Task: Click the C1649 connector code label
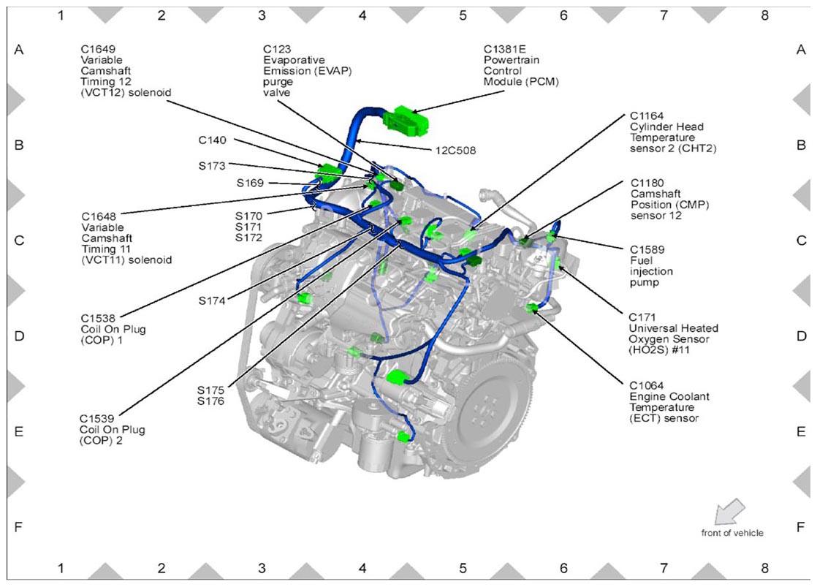tap(97, 50)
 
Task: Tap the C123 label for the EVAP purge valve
tap(277, 49)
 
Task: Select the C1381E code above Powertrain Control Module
tap(505, 49)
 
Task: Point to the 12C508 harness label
tap(455, 151)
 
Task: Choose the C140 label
tap(213, 140)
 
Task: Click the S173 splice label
tap(212, 166)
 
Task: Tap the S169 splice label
tap(250, 183)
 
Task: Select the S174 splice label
tap(211, 300)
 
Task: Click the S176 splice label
tap(210, 401)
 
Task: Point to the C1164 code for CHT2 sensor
tap(647, 115)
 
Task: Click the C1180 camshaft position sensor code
tap(647, 183)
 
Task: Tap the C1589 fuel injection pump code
tap(647, 250)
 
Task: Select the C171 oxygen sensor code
tap(642, 317)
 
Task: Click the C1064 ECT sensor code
tap(646, 385)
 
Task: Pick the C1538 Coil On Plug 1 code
tap(98, 318)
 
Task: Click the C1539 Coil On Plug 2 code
tap(96, 419)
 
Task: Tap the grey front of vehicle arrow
tap(729, 511)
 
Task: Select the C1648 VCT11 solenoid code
tap(99, 216)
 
